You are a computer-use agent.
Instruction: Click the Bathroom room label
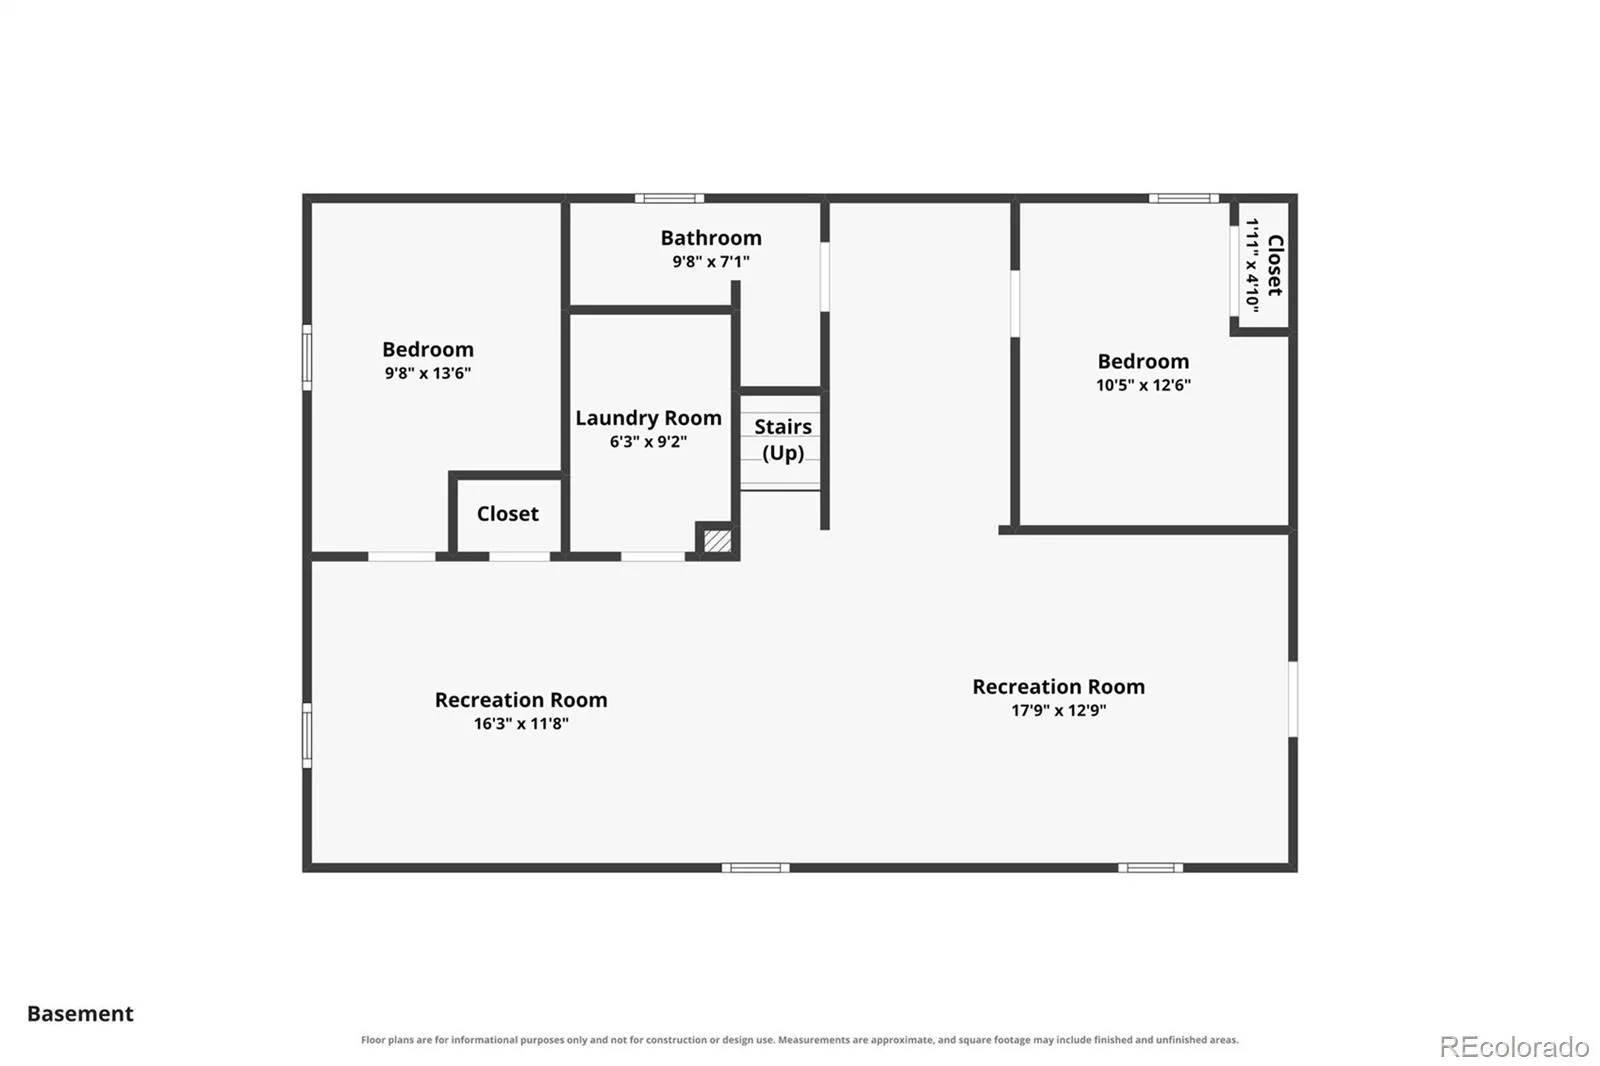pyautogui.click(x=711, y=238)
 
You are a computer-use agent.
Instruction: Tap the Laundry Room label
pyautogui.click(x=649, y=418)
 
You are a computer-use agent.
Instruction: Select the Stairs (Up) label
pyautogui.click(x=783, y=439)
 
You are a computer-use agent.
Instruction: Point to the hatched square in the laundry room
pyautogui.click(x=717, y=541)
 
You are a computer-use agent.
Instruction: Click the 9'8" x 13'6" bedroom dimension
pyautogui.click(x=428, y=373)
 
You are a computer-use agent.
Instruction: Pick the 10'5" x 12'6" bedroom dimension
pyautogui.click(x=1144, y=385)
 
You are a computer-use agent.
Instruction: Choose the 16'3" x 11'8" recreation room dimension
pyautogui.click(x=521, y=724)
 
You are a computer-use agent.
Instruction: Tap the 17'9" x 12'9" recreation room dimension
pyautogui.click(x=1059, y=710)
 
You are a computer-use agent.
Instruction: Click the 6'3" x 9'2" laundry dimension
pyautogui.click(x=649, y=442)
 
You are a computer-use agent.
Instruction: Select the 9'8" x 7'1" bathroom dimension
pyautogui.click(x=711, y=261)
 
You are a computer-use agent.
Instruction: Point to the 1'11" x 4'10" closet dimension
pyautogui.click(x=1252, y=264)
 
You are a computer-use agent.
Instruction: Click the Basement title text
pyautogui.click(x=80, y=1014)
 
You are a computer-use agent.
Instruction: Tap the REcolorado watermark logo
pyautogui.click(x=1514, y=1047)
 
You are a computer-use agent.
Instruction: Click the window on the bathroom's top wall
pyautogui.click(x=669, y=199)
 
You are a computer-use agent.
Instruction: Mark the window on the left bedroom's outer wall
pyautogui.click(x=307, y=357)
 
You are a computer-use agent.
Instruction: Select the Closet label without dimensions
pyautogui.click(x=508, y=514)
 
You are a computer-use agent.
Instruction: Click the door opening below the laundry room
pyautogui.click(x=653, y=557)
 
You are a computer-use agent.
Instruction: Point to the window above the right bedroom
pyautogui.click(x=1184, y=199)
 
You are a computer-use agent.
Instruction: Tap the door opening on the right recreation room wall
pyautogui.click(x=1293, y=699)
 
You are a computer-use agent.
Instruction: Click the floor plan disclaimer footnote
pyautogui.click(x=799, y=1040)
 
